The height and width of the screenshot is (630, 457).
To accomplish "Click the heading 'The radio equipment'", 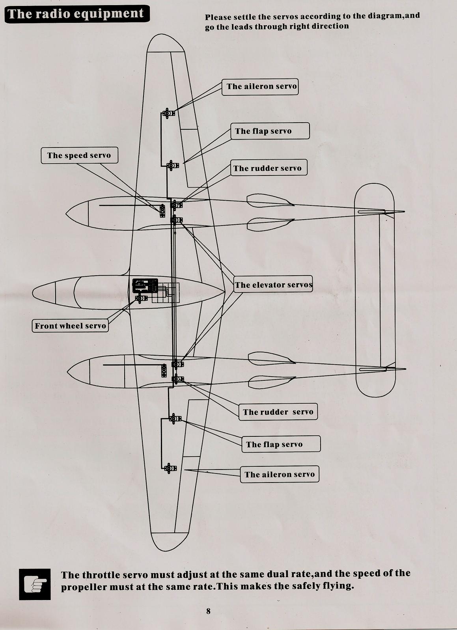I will pyautogui.click(x=76, y=14).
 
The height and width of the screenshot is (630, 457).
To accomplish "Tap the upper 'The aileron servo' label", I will pyautogui.click(x=261, y=87).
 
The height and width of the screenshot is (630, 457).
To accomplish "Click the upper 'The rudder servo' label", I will pyautogui.click(x=267, y=168).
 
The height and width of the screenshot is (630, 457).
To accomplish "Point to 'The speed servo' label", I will pyautogui.click(x=79, y=155).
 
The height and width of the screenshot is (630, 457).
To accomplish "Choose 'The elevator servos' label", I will pyautogui.click(x=273, y=285).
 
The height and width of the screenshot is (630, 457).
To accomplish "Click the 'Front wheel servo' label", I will pyautogui.click(x=70, y=326).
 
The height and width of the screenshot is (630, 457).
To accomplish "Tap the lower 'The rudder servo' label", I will pyautogui.click(x=278, y=412).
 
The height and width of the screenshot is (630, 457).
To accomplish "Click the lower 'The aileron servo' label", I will pyautogui.click(x=280, y=475).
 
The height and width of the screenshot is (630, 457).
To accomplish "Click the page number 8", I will pyautogui.click(x=208, y=611).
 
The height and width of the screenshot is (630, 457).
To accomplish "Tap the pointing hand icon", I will pyautogui.click(x=35, y=584).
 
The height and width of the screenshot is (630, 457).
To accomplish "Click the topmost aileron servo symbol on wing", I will pyautogui.click(x=169, y=113).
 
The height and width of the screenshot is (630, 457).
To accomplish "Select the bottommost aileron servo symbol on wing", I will pyautogui.click(x=170, y=468).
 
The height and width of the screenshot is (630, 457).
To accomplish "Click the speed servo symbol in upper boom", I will pyautogui.click(x=162, y=211).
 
